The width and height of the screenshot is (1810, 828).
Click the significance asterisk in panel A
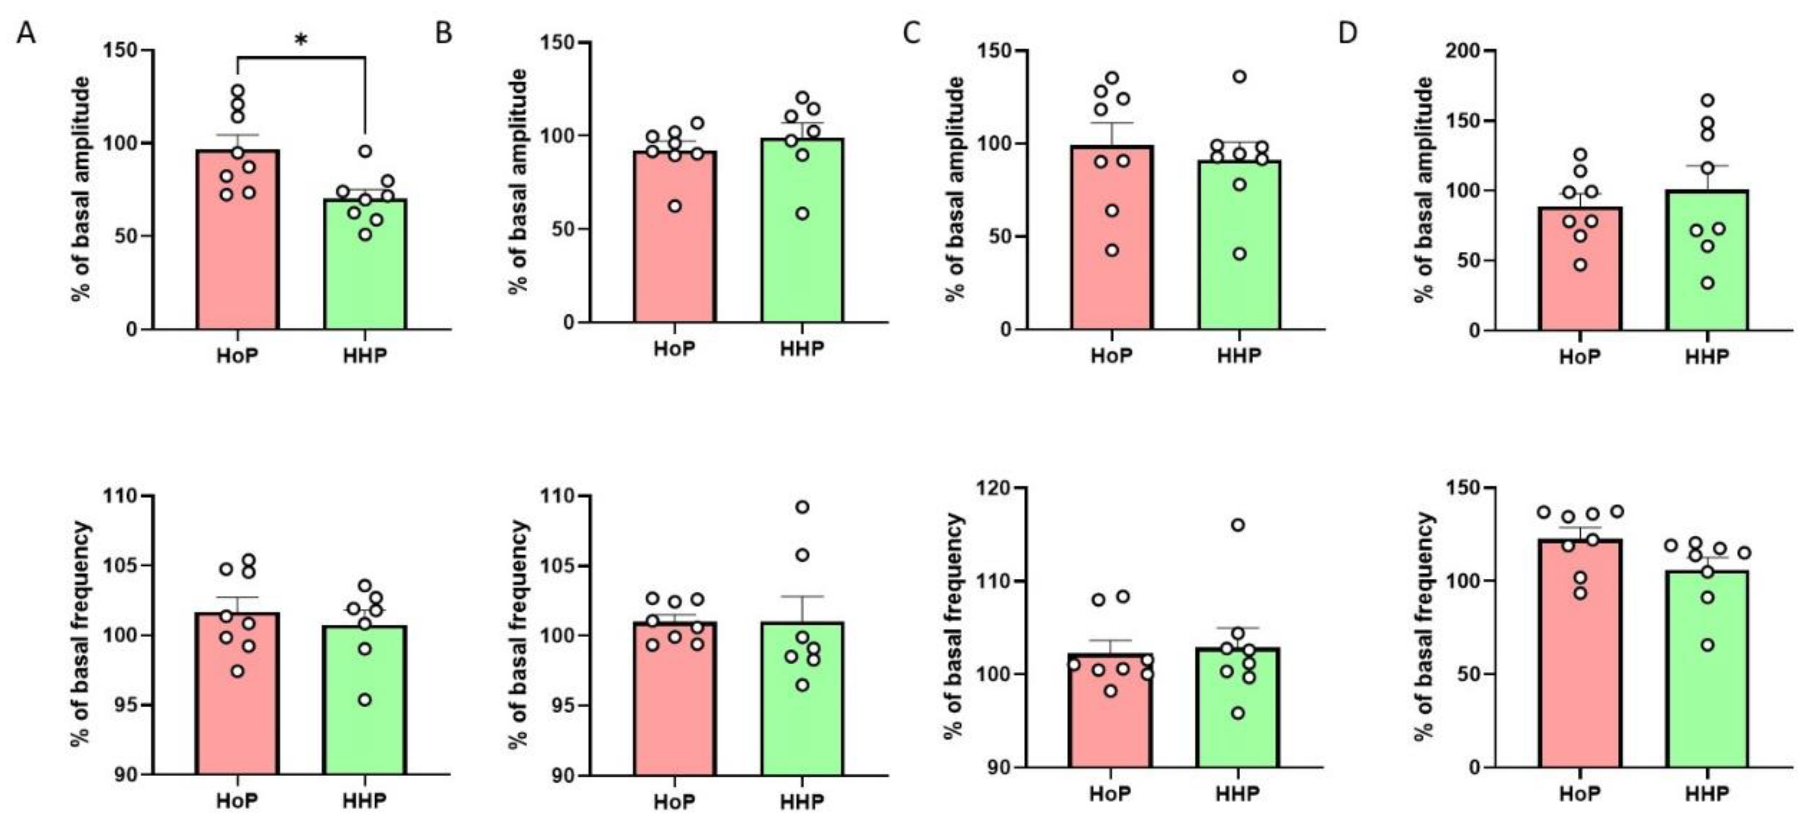point(301,40)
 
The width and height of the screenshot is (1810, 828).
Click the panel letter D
point(1348,33)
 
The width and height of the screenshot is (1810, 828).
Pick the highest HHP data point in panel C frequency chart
point(1238,525)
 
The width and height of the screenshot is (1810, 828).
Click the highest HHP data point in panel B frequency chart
point(802,507)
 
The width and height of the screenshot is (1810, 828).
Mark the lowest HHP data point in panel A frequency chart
point(365,699)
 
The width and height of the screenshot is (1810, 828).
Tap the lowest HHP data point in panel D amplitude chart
point(1708,283)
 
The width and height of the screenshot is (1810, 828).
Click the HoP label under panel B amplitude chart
point(674,348)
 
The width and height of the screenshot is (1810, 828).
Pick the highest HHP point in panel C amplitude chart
point(1240,77)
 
